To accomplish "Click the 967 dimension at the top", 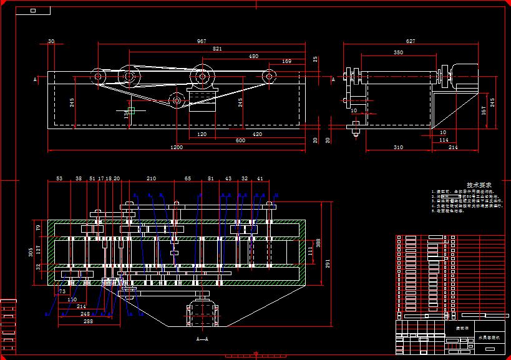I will pos(202,41).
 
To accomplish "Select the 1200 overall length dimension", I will pos(177,147).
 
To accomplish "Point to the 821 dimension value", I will pos(217,48).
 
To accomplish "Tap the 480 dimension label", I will pos(253,56).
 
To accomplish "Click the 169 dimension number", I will pos(286,61).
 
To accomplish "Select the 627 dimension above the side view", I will pos(410,41).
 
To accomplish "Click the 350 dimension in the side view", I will pos(398,53).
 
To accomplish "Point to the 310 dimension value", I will pos(398,147).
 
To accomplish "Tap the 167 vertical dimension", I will pos(484,110).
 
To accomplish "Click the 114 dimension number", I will pos(444,140).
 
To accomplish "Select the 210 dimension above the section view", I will pos(151,178).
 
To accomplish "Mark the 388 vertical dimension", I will pos(319,242).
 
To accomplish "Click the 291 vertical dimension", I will pos(327,263).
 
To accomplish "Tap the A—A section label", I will pos(202,339).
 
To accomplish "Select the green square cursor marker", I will pos(131,110).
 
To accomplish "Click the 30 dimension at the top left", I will pos(51,41).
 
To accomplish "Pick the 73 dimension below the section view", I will pos(62,291).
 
